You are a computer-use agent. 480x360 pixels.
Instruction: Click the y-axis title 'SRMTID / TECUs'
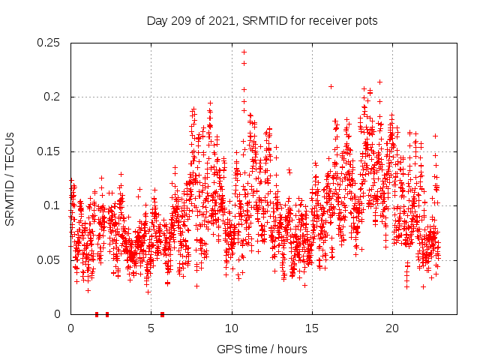coord(10,178)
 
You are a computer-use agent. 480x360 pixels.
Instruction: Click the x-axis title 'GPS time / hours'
coord(262,349)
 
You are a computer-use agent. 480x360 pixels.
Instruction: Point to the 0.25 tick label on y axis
coord(49,43)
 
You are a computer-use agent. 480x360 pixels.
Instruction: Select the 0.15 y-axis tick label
coord(49,151)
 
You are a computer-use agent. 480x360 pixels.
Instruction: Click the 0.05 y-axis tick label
coord(49,260)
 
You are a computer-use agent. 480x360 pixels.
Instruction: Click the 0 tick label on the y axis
coord(58,314)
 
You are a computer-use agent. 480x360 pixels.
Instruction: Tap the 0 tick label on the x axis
coord(70,328)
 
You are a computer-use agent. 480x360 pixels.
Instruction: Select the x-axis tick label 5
coord(151,328)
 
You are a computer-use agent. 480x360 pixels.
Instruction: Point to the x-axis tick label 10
coord(232,328)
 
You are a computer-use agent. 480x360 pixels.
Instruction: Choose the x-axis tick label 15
coord(312,328)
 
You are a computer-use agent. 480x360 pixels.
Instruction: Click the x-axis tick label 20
coord(392,328)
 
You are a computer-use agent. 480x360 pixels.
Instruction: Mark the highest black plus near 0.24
coord(244,52)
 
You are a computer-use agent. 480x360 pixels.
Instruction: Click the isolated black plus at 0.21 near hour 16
coord(331,86)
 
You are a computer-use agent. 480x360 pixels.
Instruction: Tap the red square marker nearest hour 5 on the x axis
coord(162,314)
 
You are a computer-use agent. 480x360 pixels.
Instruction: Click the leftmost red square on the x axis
coord(97,314)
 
